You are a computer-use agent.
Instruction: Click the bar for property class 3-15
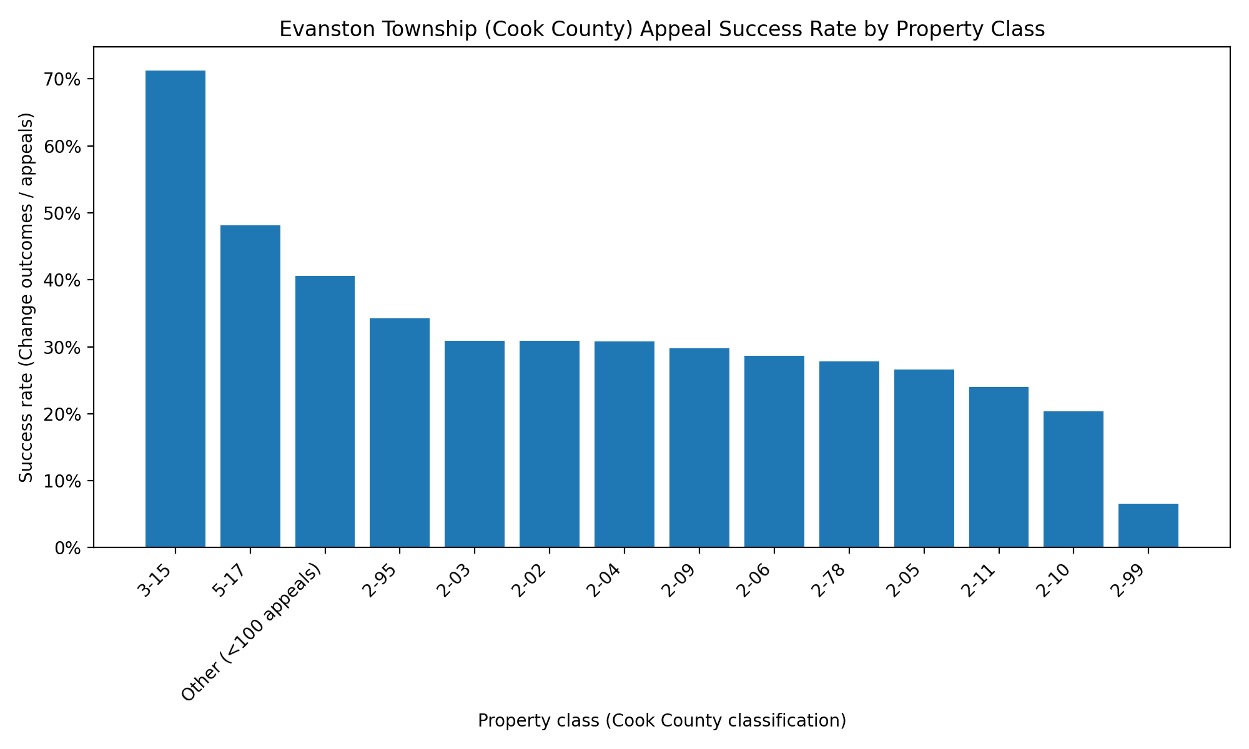click(175, 309)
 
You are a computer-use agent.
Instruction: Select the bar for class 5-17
click(250, 386)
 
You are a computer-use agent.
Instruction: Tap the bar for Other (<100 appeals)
click(325, 411)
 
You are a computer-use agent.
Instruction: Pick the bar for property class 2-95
click(400, 433)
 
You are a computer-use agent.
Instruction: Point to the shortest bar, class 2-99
click(1148, 526)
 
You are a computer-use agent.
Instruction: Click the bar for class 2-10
click(1073, 479)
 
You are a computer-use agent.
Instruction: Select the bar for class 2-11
click(999, 467)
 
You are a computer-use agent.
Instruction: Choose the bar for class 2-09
click(699, 448)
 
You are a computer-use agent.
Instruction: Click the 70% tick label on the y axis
click(62, 80)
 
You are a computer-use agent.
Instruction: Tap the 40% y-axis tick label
click(62, 280)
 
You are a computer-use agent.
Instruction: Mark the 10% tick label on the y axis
click(62, 481)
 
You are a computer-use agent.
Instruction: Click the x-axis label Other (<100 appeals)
click(253, 630)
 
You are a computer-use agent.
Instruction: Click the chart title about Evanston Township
click(661, 29)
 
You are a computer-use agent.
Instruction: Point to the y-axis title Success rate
click(26, 297)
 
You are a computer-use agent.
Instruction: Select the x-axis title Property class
click(661, 721)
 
